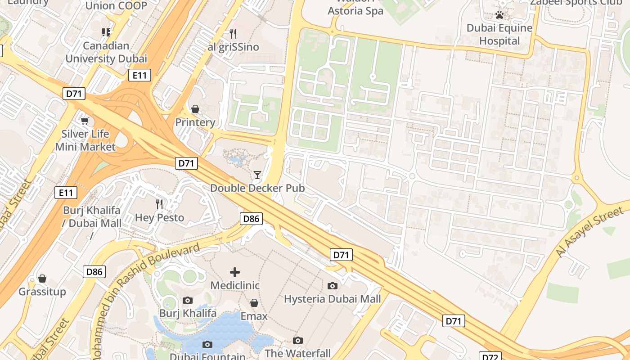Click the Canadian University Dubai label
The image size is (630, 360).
click(x=106, y=52)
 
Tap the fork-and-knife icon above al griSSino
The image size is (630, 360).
click(x=233, y=33)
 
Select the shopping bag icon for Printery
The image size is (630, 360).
click(x=195, y=109)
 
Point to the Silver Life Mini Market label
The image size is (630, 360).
click(x=85, y=140)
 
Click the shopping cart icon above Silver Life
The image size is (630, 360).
click(x=85, y=121)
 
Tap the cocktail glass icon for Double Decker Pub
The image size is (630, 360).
click(x=257, y=175)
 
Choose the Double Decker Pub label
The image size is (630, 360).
click(x=257, y=188)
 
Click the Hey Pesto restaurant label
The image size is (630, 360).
click(x=160, y=218)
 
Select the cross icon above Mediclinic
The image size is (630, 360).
click(x=235, y=272)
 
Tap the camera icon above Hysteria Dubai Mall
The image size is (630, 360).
click(x=333, y=286)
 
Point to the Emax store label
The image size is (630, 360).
click(x=254, y=316)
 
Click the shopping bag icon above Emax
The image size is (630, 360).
click(x=254, y=303)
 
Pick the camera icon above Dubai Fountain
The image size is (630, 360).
click(x=207, y=344)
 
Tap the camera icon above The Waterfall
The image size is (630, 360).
click(x=298, y=340)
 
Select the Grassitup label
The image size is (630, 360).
click(x=42, y=292)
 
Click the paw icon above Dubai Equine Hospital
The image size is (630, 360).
click(x=499, y=15)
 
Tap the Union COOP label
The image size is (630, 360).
click(x=116, y=5)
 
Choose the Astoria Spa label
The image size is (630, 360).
click(x=355, y=11)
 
